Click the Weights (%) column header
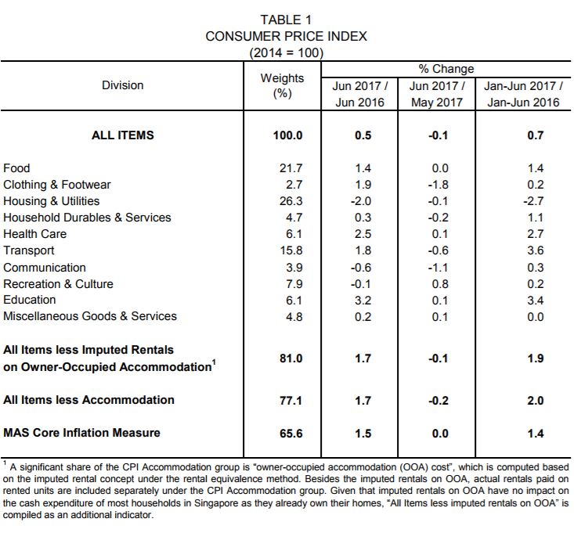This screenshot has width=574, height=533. point(282,85)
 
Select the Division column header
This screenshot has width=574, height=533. point(123,85)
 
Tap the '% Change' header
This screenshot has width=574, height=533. point(446,69)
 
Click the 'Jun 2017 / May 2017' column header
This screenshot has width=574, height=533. point(437,94)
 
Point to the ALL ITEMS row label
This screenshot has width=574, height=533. point(123,135)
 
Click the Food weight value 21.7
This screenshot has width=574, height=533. point(291,168)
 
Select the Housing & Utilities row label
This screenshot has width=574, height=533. point(51,201)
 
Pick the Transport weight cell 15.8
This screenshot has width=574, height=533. point(291,250)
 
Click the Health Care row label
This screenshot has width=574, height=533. point(34,234)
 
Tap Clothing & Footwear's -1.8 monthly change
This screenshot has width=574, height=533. point(438,185)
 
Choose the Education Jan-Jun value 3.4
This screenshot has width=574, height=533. point(535,301)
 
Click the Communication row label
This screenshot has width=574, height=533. point(45,268)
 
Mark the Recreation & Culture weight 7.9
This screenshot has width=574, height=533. point(294,284)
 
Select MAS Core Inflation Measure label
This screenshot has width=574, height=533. point(81,433)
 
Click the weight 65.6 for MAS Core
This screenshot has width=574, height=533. point(291,434)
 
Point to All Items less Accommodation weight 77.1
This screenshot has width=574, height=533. point(291,401)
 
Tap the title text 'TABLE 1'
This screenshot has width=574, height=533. point(286,20)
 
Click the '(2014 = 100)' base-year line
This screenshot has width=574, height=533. point(287,53)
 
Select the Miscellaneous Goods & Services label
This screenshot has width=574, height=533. point(90,316)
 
